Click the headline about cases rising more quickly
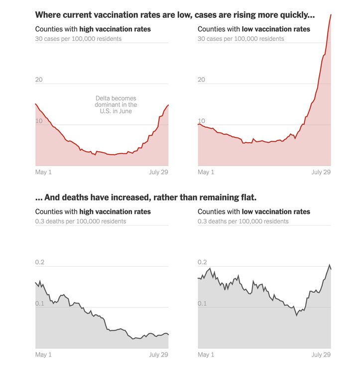tap(175, 15)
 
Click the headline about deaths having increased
tap(146, 197)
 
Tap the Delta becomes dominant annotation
tap(116, 105)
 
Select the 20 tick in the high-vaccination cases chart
tap(39, 80)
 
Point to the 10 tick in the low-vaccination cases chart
tap(202, 121)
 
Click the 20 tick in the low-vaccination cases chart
tap(202, 80)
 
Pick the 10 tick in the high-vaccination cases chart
tap(39, 121)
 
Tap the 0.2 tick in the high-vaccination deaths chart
tap(40, 262)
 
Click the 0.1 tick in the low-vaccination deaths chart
tap(203, 303)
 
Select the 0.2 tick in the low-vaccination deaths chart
tap(203, 262)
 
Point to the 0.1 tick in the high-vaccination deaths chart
tap(40, 303)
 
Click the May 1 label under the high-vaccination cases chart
tap(43, 172)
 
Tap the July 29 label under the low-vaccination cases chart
tap(321, 172)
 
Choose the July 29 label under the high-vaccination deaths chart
tap(158, 355)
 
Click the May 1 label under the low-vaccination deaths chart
tap(206, 355)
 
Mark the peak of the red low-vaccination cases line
tap(331, 15)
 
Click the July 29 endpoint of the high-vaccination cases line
tap(168, 105)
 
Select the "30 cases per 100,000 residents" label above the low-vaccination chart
tap(241, 39)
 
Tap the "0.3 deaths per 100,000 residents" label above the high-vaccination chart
tap(81, 221)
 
